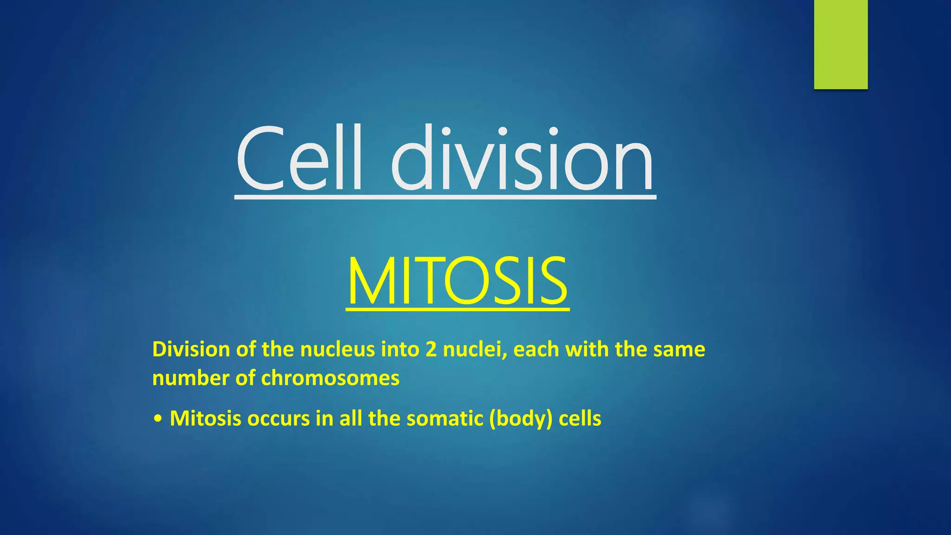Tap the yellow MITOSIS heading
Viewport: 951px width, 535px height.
457,281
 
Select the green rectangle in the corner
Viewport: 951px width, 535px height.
840,44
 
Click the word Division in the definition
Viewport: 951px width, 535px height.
191,349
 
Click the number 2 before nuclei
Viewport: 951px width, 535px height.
431,349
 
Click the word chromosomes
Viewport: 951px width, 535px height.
330,378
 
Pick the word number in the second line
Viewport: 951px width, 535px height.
190,378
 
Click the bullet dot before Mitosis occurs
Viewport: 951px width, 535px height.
158,419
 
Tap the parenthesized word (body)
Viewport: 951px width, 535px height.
521,418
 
